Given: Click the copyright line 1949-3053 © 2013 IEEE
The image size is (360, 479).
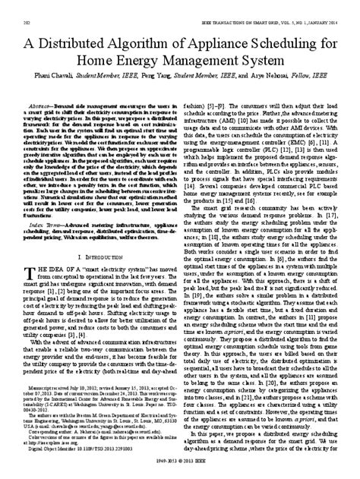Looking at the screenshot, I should coord(180,471).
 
